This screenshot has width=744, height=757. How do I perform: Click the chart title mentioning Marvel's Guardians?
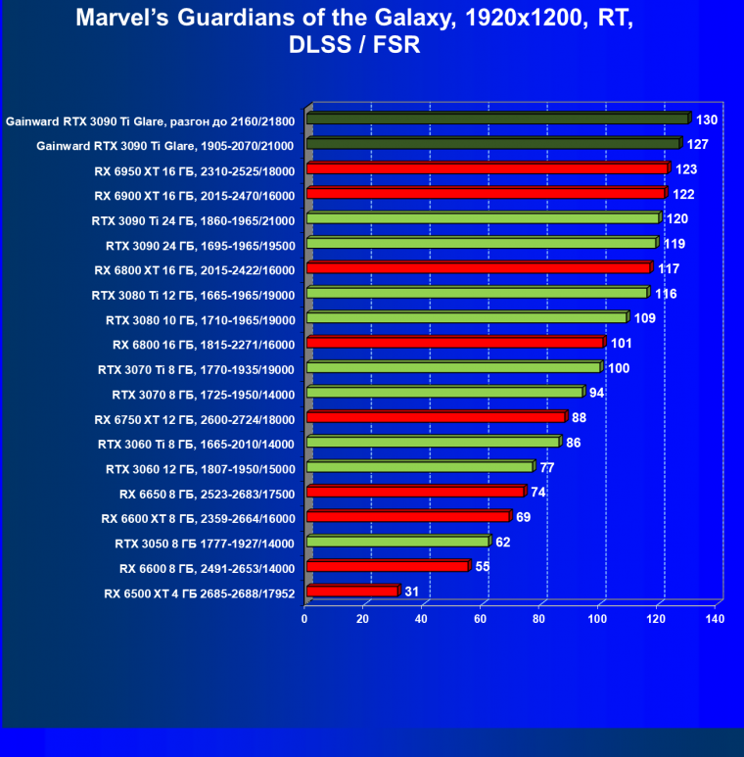(371, 32)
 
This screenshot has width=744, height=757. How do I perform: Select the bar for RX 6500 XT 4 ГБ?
(352, 591)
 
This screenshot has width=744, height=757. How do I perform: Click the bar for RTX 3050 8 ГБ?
(397, 542)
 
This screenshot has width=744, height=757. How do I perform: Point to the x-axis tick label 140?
(715, 619)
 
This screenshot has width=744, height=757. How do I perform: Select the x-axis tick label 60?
(481, 619)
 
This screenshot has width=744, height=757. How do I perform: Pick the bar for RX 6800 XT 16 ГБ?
(478, 268)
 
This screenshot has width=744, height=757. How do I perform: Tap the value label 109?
(645, 318)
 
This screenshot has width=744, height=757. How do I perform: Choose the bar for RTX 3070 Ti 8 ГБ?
(453, 368)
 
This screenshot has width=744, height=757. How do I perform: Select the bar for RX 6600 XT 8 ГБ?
(407, 517)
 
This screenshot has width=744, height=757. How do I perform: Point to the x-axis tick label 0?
(305, 619)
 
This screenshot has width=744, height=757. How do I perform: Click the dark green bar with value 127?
(492, 144)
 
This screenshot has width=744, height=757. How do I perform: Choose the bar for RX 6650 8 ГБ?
(415, 492)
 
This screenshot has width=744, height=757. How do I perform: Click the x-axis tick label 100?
(598, 619)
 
